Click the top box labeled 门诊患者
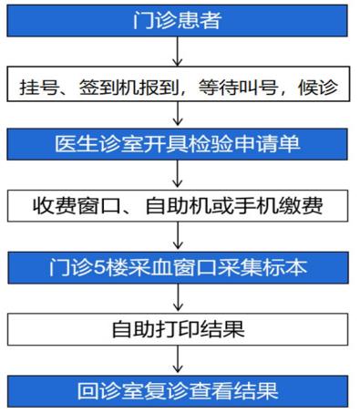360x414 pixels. [177, 21]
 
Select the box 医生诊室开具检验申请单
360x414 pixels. [177, 144]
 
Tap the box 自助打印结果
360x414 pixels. [178, 329]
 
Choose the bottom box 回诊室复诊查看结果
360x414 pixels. [178, 391]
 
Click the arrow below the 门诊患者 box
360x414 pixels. [178, 51]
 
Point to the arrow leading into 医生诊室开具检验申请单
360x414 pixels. [178, 114]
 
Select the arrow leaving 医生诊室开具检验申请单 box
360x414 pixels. [178, 173]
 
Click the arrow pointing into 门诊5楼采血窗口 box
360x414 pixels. [178, 235]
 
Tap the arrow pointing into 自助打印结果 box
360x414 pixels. [178, 297]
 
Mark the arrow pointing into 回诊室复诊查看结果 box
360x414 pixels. [178, 359]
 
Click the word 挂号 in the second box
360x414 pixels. [39, 88]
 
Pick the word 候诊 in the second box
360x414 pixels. [318, 88]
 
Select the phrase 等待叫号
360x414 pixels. [239, 88]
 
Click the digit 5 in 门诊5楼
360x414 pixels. [98, 268]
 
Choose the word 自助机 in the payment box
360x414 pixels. [179, 206]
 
